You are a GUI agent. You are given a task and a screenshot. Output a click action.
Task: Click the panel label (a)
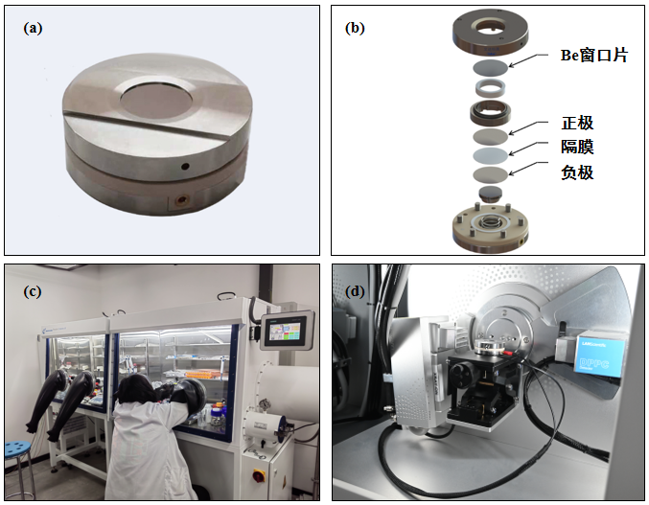(x=33, y=28)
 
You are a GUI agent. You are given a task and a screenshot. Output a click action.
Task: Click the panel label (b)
(x=355, y=28)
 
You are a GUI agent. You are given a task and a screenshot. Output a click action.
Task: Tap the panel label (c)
(x=33, y=291)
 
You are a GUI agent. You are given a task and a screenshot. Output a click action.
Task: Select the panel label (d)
(x=355, y=291)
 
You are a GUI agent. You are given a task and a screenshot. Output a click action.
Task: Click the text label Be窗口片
(x=594, y=55)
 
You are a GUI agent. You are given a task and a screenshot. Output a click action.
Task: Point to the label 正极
(x=577, y=123)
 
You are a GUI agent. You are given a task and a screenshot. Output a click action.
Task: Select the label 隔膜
(x=577, y=147)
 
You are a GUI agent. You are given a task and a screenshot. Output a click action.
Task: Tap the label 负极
(x=577, y=172)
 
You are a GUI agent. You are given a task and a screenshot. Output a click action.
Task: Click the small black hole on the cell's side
(x=185, y=167)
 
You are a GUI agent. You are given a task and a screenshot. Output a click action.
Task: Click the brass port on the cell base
(x=182, y=200)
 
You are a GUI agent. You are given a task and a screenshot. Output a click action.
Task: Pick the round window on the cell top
(x=155, y=102)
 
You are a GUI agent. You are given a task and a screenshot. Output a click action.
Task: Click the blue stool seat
(x=18, y=449)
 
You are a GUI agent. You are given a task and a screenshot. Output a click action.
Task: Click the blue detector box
(x=599, y=354)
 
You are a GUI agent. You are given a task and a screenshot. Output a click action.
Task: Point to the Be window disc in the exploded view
(x=491, y=66)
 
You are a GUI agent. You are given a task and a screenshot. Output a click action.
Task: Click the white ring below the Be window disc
(x=491, y=87)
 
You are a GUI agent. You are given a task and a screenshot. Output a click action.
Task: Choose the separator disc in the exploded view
(x=491, y=155)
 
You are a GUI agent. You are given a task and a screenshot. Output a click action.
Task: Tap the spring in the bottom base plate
(x=491, y=223)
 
